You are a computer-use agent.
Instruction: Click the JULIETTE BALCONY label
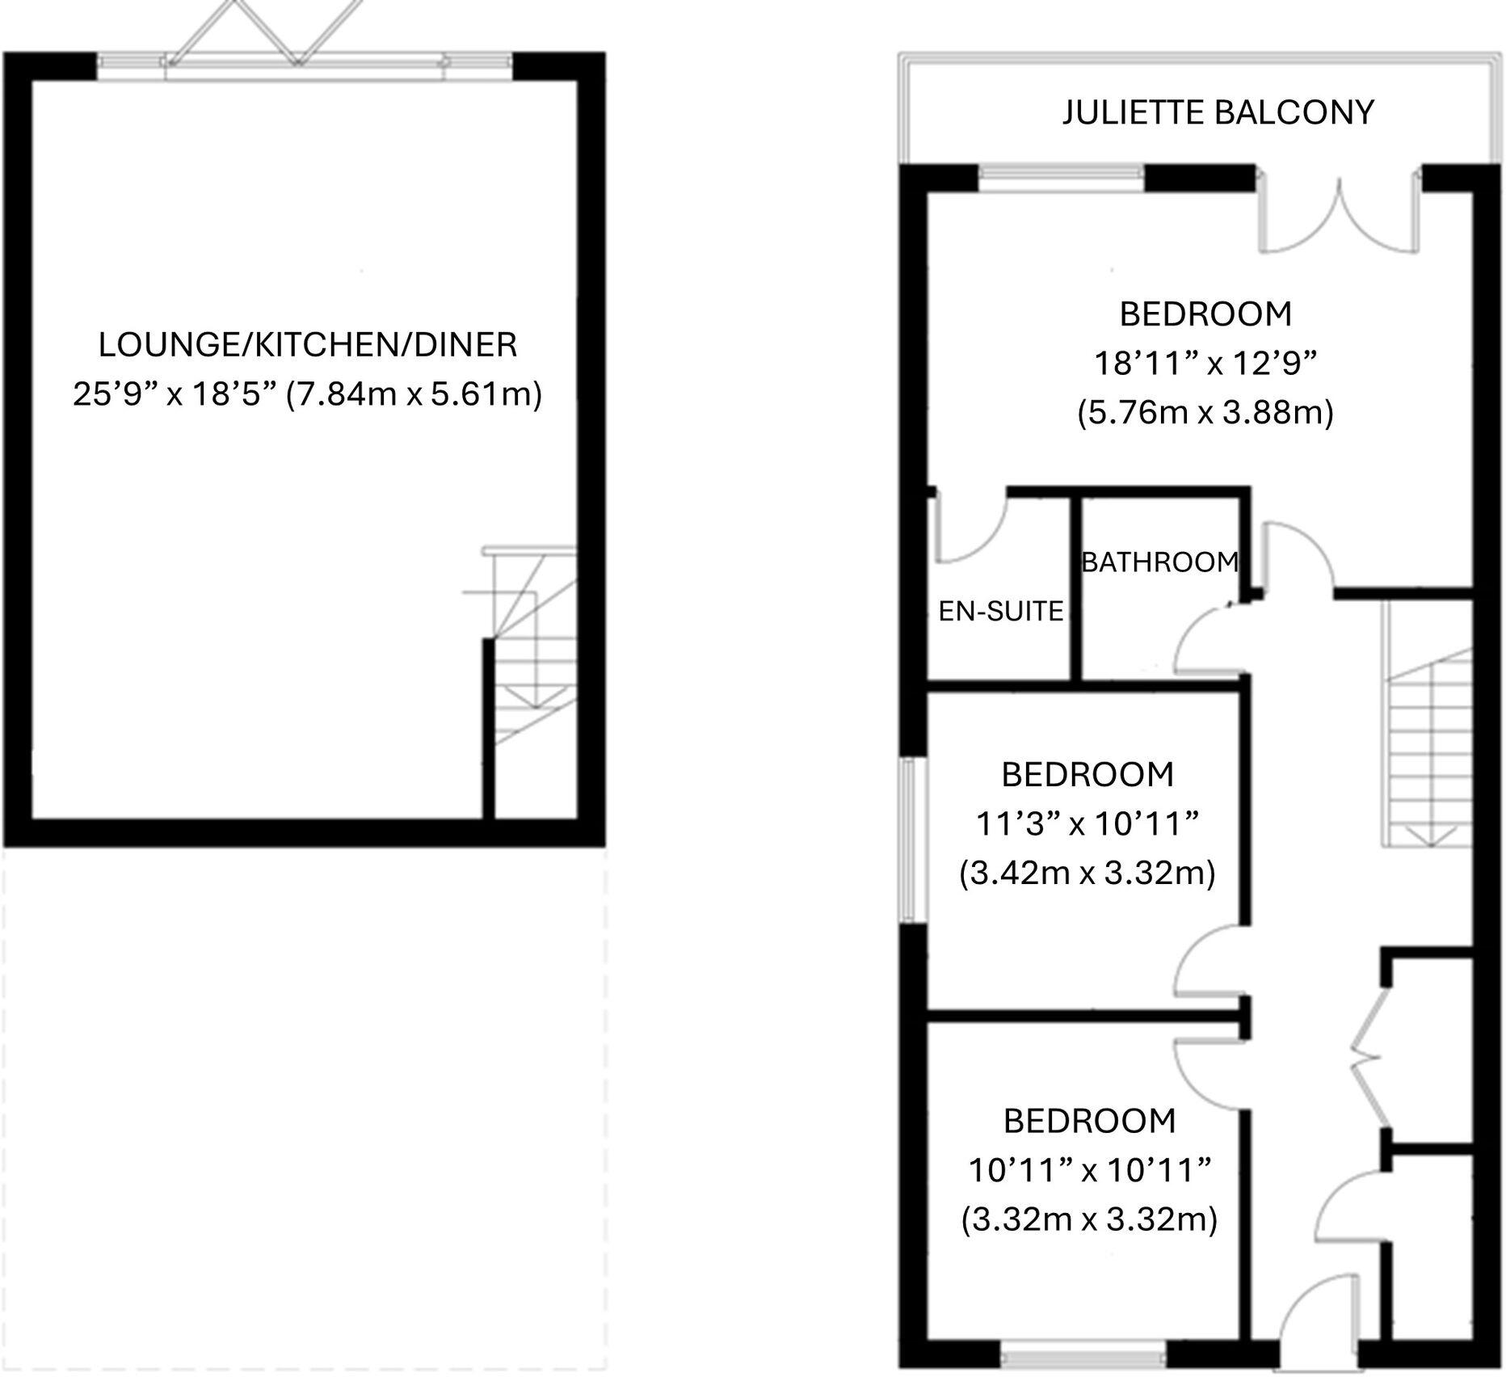[x=1218, y=112]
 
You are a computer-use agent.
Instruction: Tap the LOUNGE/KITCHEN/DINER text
[x=307, y=345]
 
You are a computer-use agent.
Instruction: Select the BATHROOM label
[x=1159, y=562]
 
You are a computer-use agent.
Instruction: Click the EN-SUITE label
[x=1000, y=612]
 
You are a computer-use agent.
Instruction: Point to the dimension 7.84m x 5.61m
[x=414, y=394]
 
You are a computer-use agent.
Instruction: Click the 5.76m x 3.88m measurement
[x=1205, y=413]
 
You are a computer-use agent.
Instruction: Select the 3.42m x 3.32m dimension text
[x=1087, y=873]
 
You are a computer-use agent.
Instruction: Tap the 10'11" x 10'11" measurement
[x=1090, y=1170]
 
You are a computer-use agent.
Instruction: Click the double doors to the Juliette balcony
[x=1340, y=214]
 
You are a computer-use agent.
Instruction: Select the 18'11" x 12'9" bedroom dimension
[x=1205, y=364]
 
